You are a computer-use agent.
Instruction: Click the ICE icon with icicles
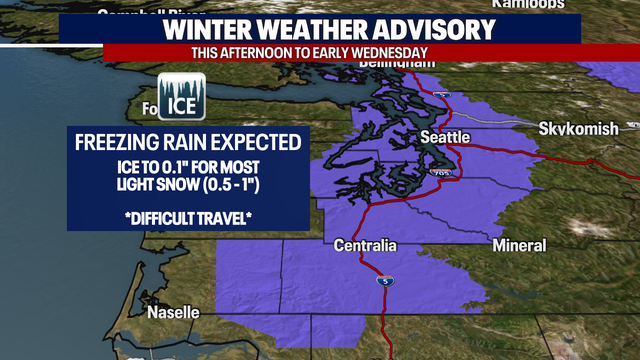click(x=182, y=97)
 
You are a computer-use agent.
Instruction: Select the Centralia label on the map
click(x=365, y=245)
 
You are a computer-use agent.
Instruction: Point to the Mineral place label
click(x=520, y=245)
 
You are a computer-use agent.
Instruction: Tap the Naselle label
click(x=174, y=312)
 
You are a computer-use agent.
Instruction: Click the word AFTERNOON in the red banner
click(x=260, y=52)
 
